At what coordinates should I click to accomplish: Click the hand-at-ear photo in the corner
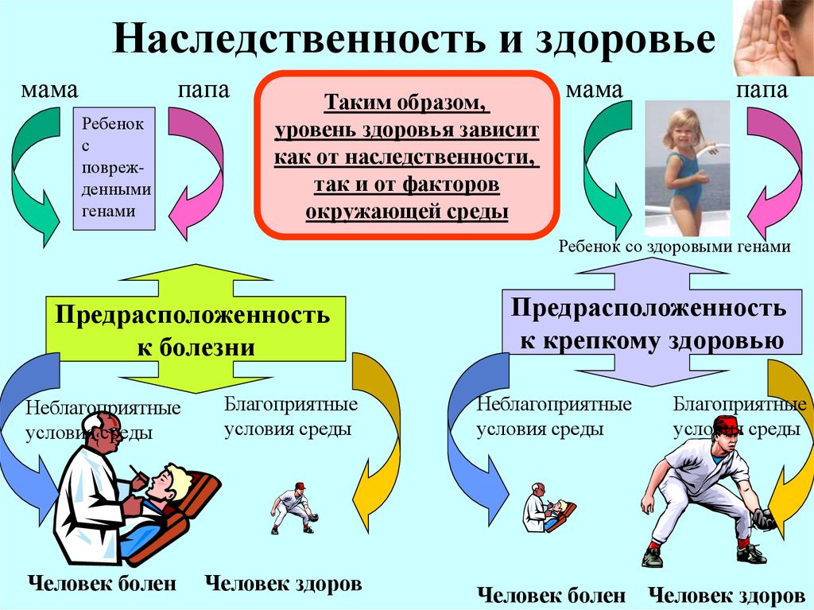point(773,38)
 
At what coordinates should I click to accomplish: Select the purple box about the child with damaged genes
point(114,169)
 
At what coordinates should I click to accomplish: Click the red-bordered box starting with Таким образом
point(406,155)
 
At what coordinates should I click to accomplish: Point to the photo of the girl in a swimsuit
point(687,168)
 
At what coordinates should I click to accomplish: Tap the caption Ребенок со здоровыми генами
point(674,247)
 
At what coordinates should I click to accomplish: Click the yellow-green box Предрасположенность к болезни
point(196,328)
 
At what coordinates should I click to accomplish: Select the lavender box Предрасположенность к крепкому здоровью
point(652,322)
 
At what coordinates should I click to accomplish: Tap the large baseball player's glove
point(764,519)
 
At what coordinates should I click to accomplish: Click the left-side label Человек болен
point(103,583)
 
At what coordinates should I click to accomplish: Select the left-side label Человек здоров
point(284,583)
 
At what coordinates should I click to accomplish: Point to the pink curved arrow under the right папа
point(777,172)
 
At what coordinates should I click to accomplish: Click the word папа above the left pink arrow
point(203,90)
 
